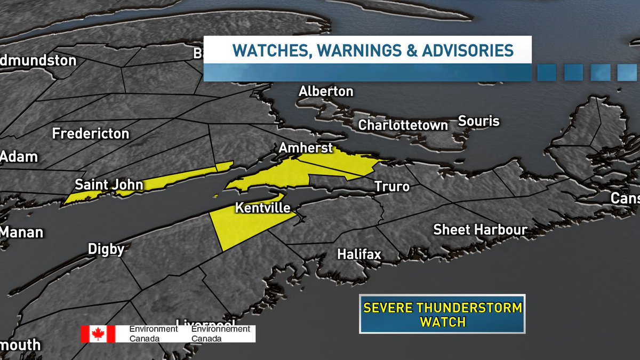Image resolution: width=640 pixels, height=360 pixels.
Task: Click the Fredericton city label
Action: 90,133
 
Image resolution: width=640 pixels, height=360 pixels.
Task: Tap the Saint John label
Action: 109,185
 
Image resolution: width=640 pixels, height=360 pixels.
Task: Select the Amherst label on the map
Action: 306,148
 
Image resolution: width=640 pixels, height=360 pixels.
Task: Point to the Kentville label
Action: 262,207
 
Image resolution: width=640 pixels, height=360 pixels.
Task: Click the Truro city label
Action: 391,187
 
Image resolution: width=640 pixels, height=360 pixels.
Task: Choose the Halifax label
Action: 359,254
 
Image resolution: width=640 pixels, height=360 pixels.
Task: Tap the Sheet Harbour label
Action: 480,230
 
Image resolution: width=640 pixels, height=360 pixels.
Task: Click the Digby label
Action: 107,249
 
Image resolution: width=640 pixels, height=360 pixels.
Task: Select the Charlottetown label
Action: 403,125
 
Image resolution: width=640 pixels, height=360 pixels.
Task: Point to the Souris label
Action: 478,121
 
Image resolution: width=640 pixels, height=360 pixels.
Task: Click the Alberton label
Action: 325,91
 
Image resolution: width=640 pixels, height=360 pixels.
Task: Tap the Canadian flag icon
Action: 98,334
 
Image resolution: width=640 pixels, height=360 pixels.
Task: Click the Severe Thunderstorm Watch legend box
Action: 442,314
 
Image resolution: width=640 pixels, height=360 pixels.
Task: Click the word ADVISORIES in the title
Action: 468,51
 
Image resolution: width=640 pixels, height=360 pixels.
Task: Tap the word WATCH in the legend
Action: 442,322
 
